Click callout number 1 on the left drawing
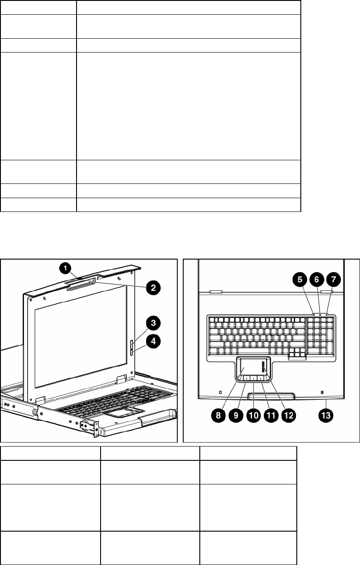click(x=65, y=268)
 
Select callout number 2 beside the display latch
click(x=152, y=287)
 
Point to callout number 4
click(x=152, y=341)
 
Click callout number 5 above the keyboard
click(x=299, y=280)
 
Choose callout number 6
click(x=316, y=280)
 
